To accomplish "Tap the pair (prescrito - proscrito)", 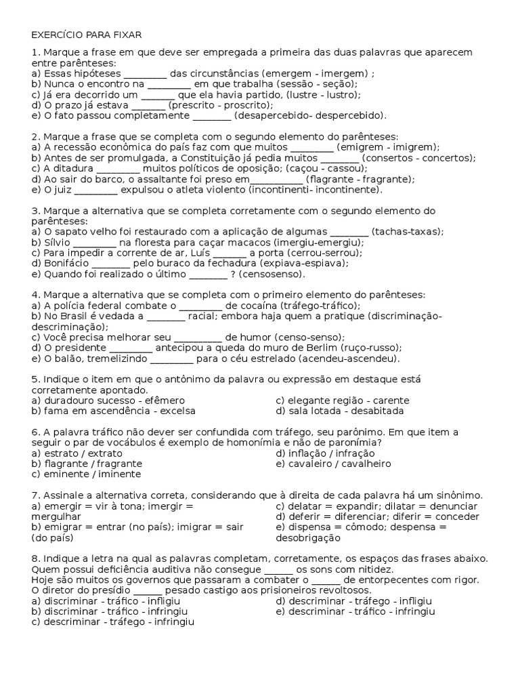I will pyautogui.click(x=221, y=105).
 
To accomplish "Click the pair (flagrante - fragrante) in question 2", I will pyautogui.click(x=360, y=179).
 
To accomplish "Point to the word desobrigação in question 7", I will pyautogui.click(x=309, y=537).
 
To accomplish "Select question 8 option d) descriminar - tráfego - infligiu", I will pyautogui.click(x=353, y=600).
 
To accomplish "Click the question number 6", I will pyautogui.click(x=35, y=432).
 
